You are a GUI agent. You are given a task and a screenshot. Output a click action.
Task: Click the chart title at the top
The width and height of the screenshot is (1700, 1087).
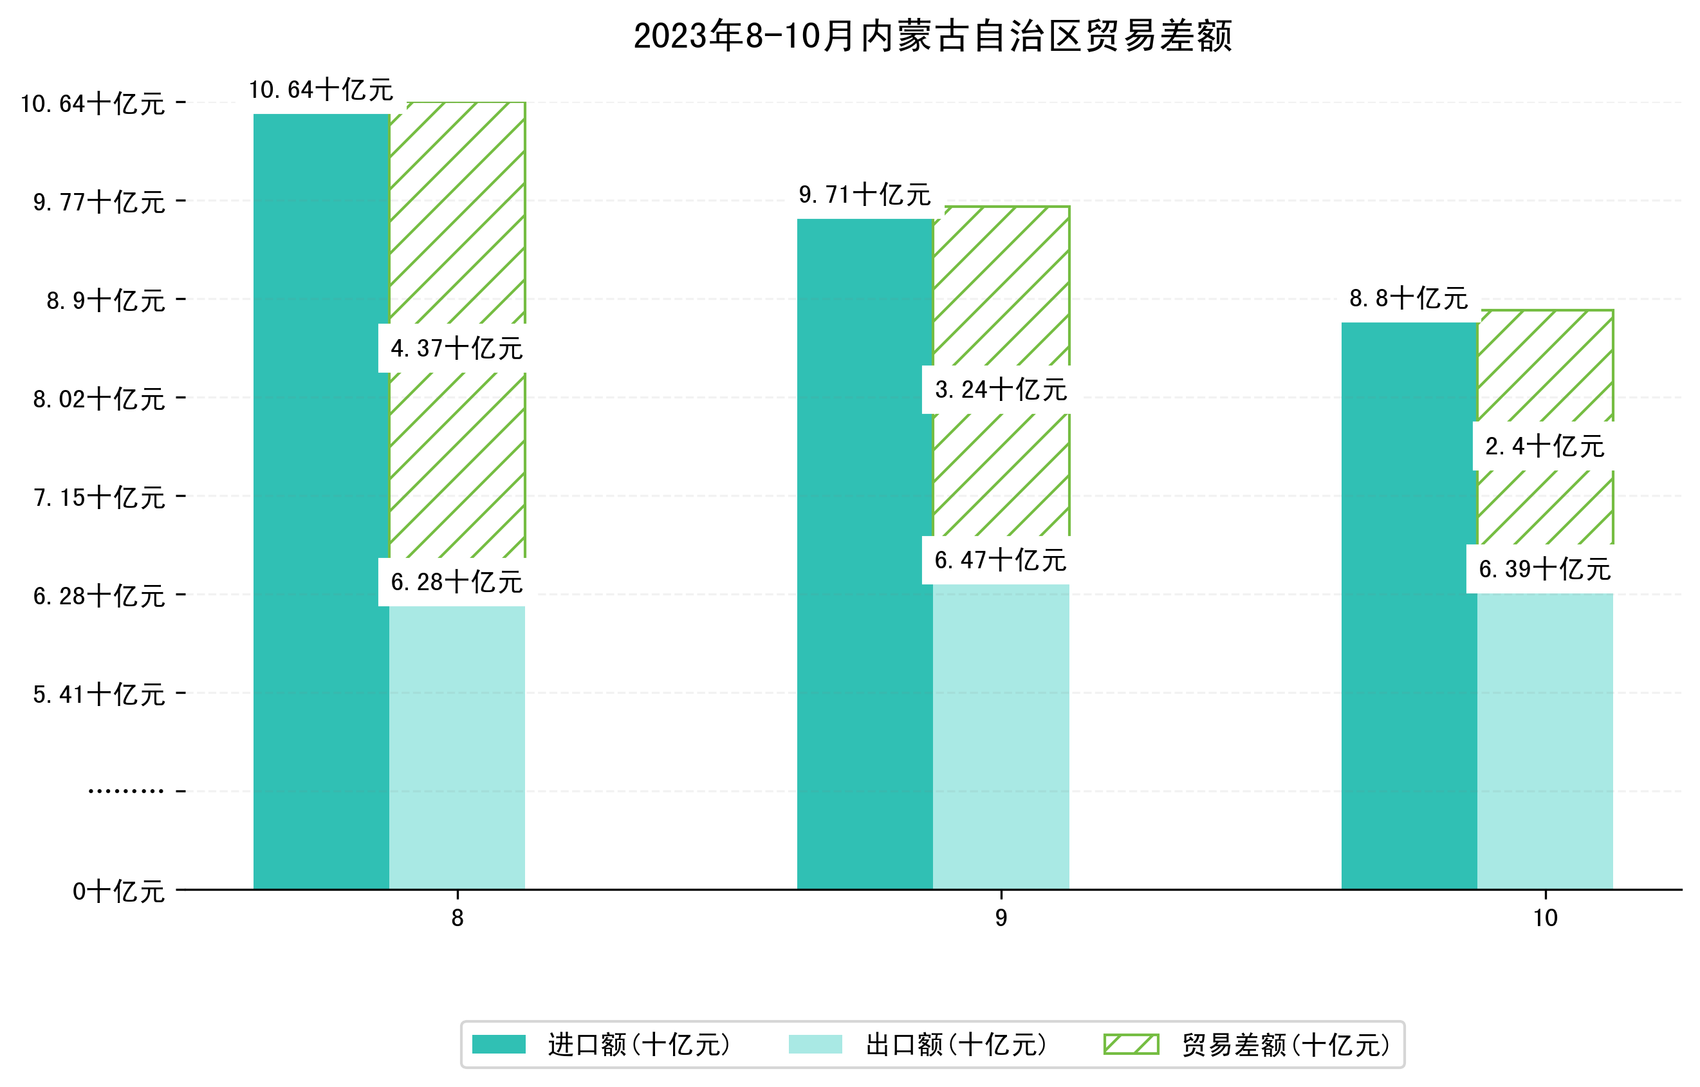click(932, 36)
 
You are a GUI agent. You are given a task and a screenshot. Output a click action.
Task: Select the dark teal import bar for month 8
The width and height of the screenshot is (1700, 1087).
click(321, 501)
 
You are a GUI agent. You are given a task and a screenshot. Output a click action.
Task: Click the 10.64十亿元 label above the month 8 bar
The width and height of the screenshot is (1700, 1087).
click(321, 90)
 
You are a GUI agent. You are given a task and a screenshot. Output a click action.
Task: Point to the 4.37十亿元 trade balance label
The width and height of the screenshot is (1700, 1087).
click(456, 348)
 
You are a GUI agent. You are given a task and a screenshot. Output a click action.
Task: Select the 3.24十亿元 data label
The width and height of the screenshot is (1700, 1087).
click(1001, 389)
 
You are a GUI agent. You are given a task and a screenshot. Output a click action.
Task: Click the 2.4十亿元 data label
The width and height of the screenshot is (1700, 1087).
click(1544, 447)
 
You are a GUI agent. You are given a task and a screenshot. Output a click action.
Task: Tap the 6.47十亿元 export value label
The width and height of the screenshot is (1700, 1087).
click(1001, 560)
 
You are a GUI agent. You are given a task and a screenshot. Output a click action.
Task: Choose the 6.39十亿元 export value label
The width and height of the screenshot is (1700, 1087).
click(1544, 568)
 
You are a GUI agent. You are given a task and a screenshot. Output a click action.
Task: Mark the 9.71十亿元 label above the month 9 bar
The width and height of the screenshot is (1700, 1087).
click(864, 195)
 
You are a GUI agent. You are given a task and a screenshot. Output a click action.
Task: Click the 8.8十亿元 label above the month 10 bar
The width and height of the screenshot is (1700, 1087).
click(1409, 299)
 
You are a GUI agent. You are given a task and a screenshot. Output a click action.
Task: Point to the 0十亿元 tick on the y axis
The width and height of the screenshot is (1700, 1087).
click(118, 891)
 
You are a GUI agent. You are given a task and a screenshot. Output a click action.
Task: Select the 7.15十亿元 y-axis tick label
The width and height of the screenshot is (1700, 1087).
click(99, 498)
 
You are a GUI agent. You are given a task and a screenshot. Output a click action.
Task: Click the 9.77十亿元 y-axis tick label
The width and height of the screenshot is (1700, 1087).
click(99, 203)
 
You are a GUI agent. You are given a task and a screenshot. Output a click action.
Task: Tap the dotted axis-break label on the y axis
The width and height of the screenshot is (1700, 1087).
click(125, 791)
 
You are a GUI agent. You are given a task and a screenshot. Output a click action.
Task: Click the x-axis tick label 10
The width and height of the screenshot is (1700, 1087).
click(1545, 918)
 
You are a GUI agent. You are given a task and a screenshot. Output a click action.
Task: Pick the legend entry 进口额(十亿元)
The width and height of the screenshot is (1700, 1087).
click(638, 1045)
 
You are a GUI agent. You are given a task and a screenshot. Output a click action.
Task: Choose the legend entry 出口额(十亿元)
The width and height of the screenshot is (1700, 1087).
click(955, 1045)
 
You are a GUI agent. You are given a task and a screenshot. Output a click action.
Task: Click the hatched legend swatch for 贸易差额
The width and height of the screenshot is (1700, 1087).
click(1131, 1044)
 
